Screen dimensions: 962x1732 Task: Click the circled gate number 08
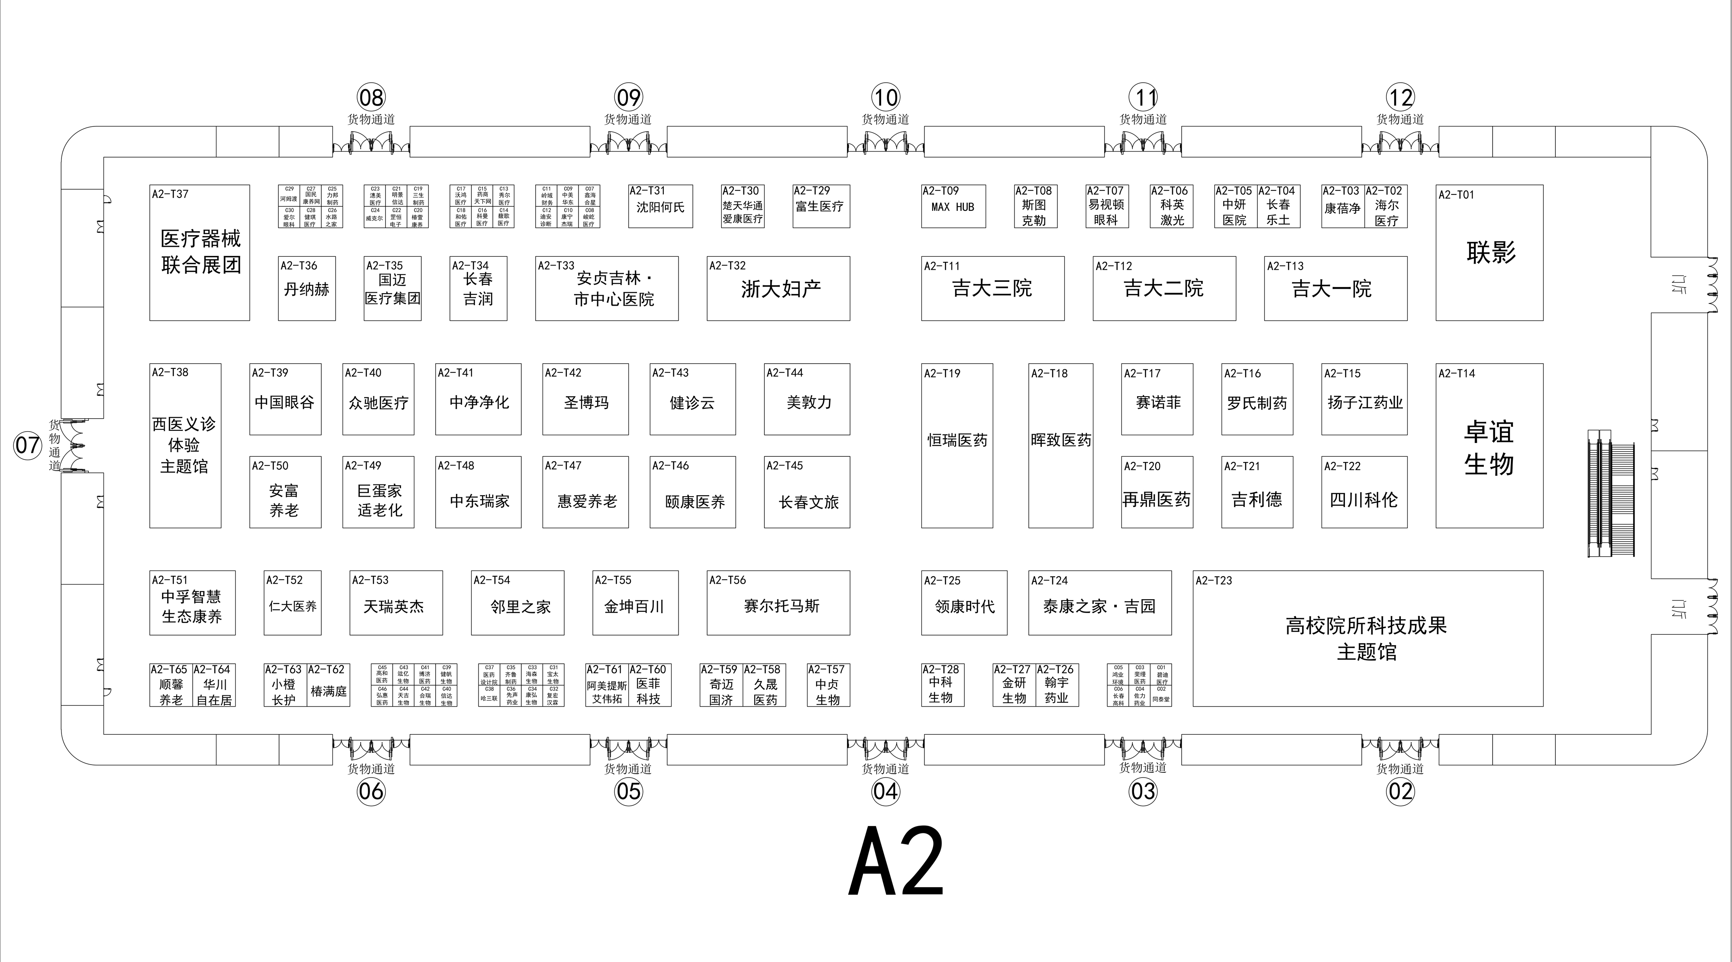point(371,97)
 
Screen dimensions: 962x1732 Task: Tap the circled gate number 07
point(28,445)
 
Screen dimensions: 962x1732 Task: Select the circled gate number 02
point(1400,791)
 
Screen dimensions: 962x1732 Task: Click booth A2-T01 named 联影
point(1490,253)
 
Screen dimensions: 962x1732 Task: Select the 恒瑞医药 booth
point(957,440)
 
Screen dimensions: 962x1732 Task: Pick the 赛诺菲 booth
point(1157,403)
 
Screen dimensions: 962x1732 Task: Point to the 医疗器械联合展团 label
point(200,252)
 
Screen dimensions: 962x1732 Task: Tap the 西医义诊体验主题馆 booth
point(184,445)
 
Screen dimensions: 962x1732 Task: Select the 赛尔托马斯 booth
point(781,606)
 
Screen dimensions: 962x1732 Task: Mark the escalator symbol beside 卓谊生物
point(1610,494)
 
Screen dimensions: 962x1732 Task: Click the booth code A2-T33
point(556,265)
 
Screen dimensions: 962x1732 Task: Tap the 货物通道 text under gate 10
point(885,119)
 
